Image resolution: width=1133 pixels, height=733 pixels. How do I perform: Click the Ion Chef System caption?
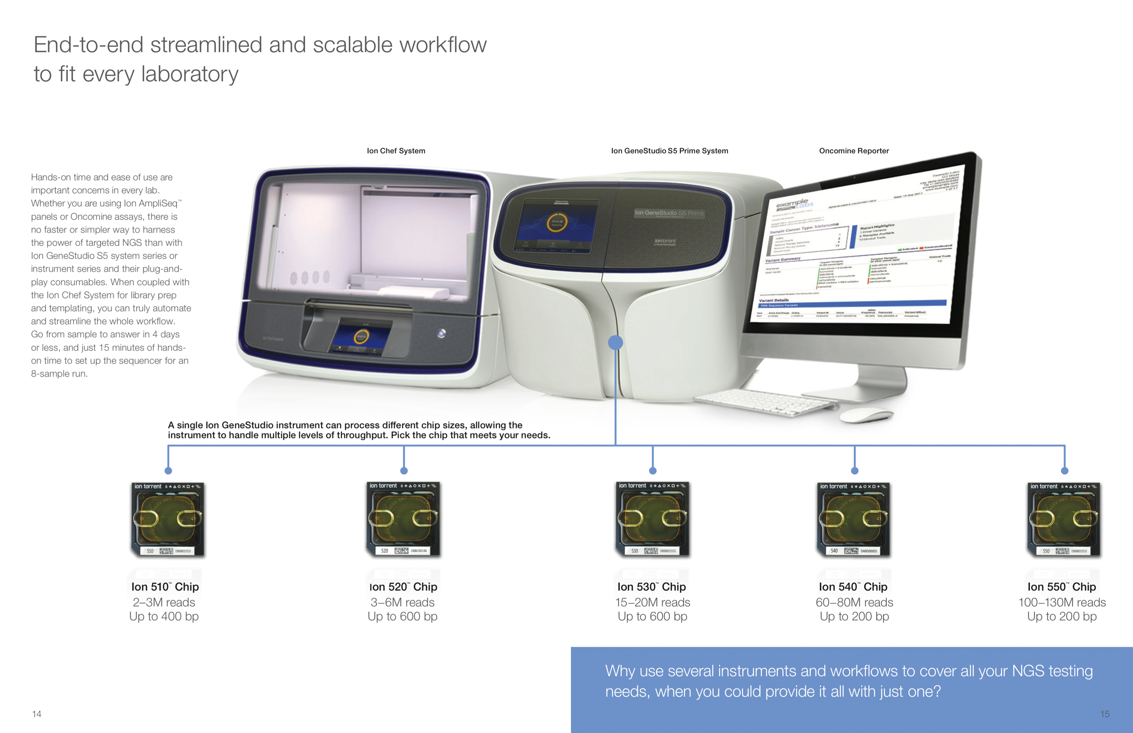(396, 151)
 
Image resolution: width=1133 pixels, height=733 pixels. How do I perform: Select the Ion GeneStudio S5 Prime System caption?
(669, 151)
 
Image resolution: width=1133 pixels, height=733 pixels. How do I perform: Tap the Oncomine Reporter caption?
(854, 151)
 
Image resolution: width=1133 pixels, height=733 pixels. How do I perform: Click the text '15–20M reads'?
(652, 603)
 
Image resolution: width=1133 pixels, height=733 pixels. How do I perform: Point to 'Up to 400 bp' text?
(164, 616)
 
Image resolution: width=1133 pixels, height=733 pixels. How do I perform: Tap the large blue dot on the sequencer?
(616, 342)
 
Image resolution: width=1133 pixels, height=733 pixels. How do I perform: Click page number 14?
(37, 714)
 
